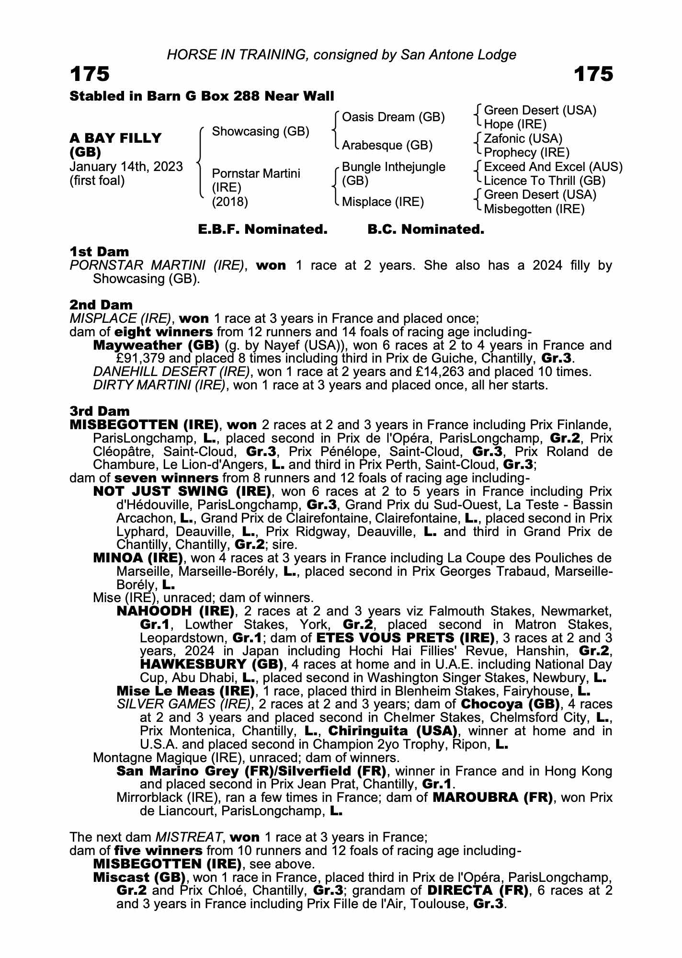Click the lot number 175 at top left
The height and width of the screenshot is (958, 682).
click(90, 74)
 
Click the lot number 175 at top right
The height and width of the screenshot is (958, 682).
click(593, 74)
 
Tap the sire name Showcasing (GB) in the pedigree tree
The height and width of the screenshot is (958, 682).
click(260, 131)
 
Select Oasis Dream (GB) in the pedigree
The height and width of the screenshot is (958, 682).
click(393, 117)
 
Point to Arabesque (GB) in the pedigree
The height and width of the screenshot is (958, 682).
click(387, 145)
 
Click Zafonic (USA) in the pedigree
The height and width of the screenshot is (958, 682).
click(523, 138)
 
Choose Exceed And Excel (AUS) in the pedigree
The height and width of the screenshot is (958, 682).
click(553, 167)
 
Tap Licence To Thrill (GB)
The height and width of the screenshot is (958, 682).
click(545, 181)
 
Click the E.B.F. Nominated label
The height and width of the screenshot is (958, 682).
click(262, 229)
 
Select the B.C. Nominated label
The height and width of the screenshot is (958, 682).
click(426, 229)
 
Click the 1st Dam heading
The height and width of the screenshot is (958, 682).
click(99, 251)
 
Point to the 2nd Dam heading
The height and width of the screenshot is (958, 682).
click(101, 305)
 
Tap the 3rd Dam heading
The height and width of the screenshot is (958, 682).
click(100, 411)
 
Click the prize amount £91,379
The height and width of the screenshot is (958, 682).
click(139, 358)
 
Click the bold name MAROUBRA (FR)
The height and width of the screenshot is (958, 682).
click(492, 798)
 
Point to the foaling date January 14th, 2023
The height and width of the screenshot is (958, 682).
click(126, 167)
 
